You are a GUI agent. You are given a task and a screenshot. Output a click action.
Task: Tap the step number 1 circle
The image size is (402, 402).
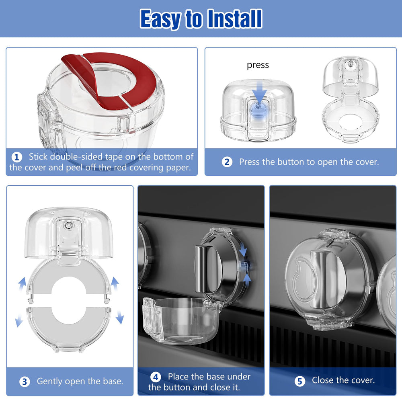click(16, 157)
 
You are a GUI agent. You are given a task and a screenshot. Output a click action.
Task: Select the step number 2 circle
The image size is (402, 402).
click(227, 162)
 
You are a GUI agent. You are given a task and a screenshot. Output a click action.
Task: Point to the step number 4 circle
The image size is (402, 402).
click(156, 377)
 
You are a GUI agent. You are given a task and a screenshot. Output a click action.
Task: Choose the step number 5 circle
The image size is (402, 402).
click(299, 381)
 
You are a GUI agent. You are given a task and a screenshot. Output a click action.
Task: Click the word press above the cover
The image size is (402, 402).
click(258, 65)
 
